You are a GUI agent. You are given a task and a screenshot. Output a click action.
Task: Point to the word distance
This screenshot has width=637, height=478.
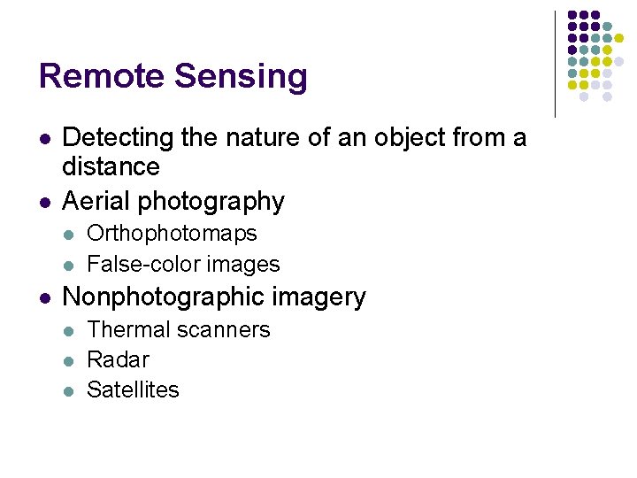tap(111, 166)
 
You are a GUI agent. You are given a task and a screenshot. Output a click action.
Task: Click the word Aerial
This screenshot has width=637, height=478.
tap(95, 202)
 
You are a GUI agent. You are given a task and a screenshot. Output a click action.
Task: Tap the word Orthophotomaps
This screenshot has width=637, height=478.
tap(172, 235)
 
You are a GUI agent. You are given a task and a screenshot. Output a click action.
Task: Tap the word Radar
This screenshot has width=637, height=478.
tap(118, 360)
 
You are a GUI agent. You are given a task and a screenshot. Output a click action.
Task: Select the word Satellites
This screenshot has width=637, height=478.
tap(133, 389)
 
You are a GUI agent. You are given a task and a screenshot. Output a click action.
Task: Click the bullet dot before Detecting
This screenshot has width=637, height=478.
tap(45, 139)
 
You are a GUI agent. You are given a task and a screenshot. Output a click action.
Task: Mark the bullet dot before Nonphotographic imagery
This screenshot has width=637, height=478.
tap(45, 297)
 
